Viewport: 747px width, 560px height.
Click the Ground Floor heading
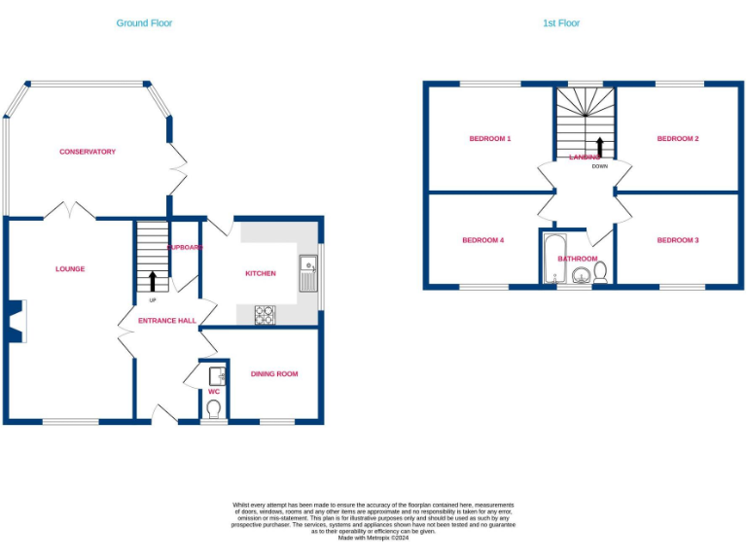click(144, 22)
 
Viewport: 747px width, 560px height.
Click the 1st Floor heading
click(561, 22)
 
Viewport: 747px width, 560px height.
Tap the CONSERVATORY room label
click(88, 152)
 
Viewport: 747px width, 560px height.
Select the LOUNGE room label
click(70, 269)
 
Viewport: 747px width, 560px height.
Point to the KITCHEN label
click(260, 273)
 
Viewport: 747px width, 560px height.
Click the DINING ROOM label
click(274, 373)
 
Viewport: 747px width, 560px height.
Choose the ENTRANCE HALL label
click(166, 320)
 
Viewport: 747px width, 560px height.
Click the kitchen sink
click(307, 269)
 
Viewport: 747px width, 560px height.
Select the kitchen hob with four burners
click(265, 314)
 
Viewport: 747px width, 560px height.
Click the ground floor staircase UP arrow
click(152, 281)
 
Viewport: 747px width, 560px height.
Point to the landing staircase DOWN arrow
click(599, 147)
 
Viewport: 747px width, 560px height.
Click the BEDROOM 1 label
click(490, 139)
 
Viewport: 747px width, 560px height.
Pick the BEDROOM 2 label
click(678, 139)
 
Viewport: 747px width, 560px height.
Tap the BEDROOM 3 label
click(678, 240)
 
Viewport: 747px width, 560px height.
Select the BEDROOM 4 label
click(482, 240)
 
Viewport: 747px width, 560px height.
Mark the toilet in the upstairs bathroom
click(600, 271)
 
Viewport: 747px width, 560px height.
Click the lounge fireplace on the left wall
click(15, 322)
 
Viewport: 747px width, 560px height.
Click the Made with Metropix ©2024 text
click(373, 538)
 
